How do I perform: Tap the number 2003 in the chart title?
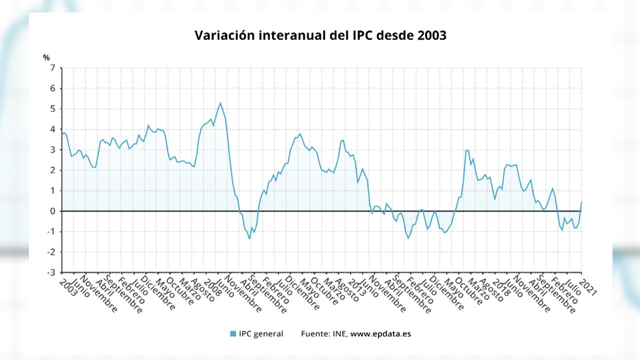429,36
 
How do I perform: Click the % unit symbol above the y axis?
47,58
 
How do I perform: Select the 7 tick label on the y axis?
52,68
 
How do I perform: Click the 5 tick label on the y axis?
52,109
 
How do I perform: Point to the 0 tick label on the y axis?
52,211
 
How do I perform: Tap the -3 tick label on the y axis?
51,272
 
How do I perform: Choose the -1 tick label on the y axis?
51,231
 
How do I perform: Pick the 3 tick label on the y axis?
52,150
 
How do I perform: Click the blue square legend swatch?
233,334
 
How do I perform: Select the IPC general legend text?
261,334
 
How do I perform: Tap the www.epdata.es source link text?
380,334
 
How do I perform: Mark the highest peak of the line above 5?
220,103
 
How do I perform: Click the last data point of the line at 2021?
581,202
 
